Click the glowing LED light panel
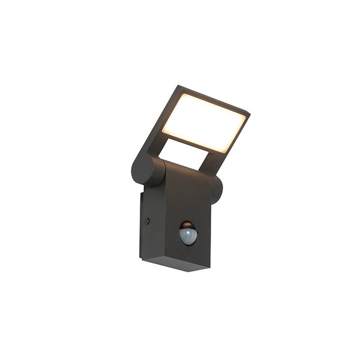click(x=203, y=122)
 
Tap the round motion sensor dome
click(x=188, y=234)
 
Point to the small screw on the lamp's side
click(x=147, y=221)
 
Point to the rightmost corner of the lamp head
click(x=250, y=113)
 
